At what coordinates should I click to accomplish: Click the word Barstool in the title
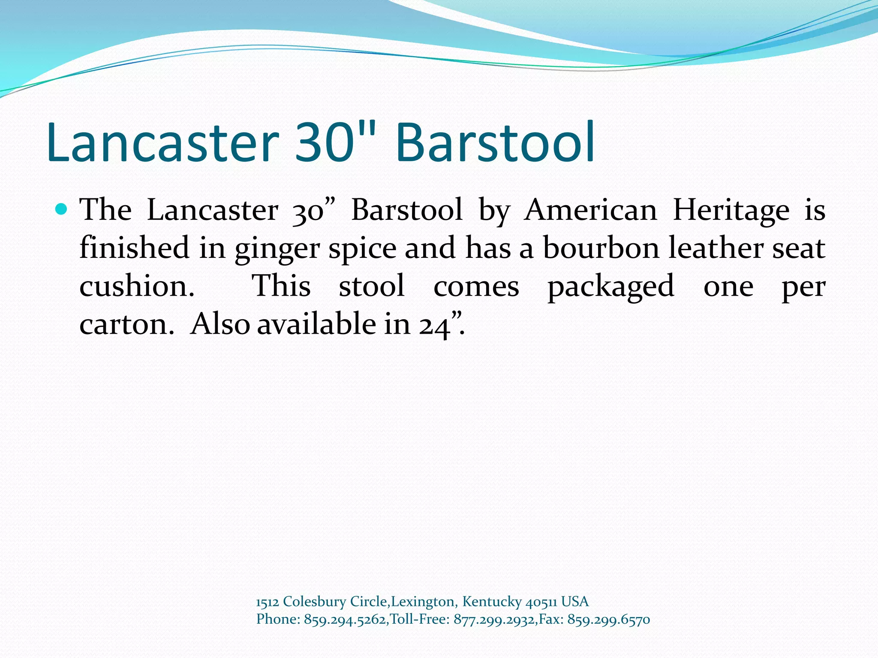click(495, 142)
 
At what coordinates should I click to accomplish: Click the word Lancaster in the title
click(163, 142)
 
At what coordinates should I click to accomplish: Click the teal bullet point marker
click(62, 209)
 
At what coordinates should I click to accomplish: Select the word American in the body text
click(591, 210)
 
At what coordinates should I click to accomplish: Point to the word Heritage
click(731, 211)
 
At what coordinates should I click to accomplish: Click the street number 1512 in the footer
click(267, 602)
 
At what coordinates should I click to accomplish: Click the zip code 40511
click(541, 602)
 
